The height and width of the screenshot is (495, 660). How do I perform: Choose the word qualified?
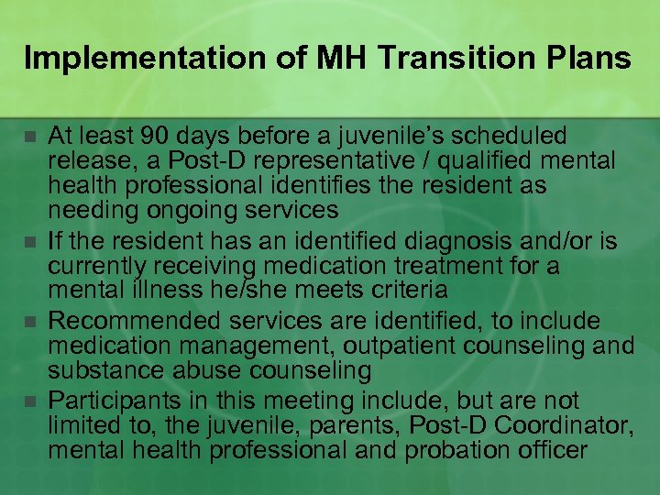tap(491, 161)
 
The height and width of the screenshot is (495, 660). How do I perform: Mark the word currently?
tap(96, 267)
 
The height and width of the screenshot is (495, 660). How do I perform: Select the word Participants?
tap(115, 401)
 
